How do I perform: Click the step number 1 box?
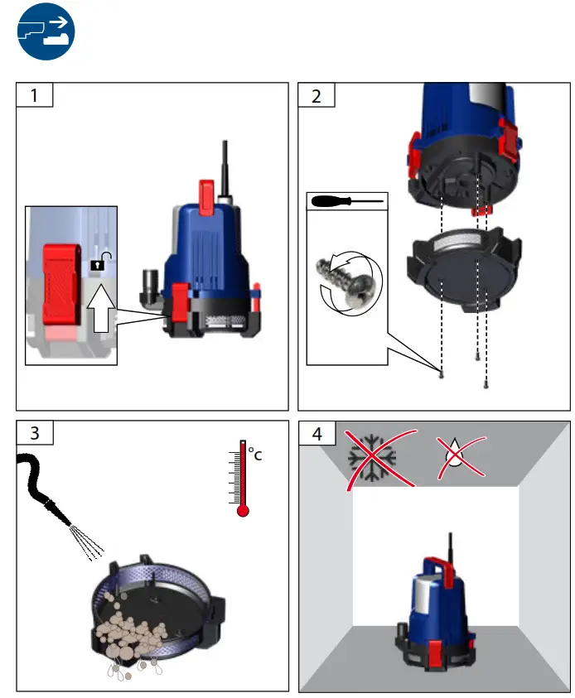[x=35, y=95]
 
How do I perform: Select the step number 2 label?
[x=316, y=95]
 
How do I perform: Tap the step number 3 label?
[x=35, y=433]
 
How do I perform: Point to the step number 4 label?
[x=316, y=433]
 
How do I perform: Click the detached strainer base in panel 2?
[x=465, y=269]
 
